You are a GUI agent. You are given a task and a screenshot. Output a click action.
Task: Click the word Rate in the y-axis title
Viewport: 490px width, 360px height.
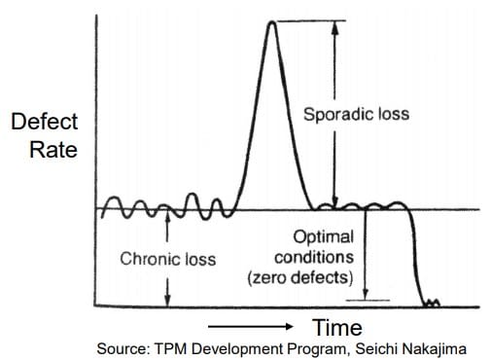tap(44, 150)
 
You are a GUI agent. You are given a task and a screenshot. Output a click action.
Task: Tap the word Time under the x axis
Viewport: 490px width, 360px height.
tap(337, 327)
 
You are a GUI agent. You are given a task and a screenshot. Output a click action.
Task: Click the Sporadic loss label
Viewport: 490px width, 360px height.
tap(356, 114)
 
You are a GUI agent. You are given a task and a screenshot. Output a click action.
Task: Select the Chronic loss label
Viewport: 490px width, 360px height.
tap(167, 260)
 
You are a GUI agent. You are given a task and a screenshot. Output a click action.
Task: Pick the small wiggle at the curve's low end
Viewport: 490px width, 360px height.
tap(431, 304)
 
